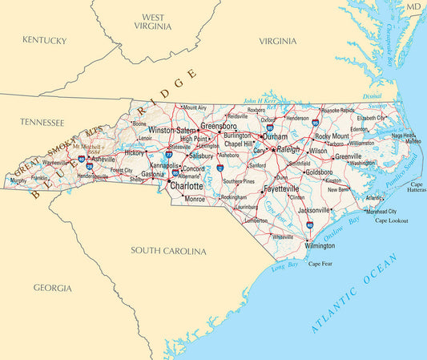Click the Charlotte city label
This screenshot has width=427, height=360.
[187, 186]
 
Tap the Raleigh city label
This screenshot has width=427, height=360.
[289, 149]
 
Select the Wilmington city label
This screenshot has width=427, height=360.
[320, 245]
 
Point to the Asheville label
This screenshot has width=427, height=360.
[103, 159]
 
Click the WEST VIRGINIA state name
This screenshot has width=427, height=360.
[154, 22]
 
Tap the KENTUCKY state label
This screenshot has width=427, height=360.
[44, 39]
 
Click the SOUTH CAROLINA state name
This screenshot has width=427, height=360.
[168, 251]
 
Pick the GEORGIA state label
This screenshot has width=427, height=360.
[52, 287]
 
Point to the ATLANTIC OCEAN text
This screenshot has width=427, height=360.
[354, 293]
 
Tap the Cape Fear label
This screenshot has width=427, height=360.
[320, 264]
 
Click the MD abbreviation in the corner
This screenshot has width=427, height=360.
[413, 6]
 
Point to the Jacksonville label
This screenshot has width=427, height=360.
[314, 210]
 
